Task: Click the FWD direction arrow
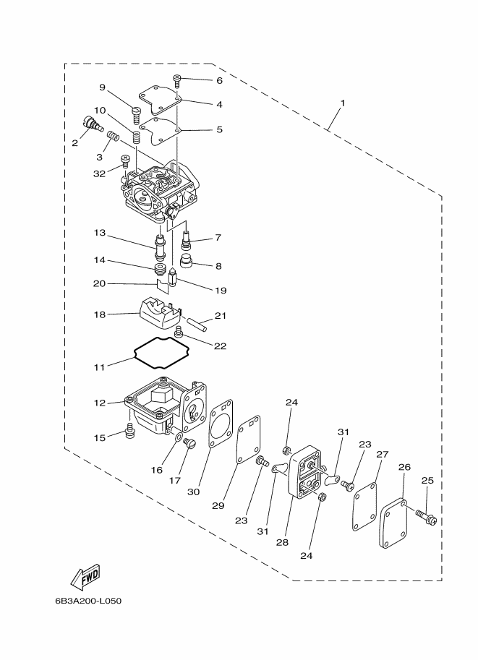[x=85, y=575]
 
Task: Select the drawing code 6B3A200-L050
[x=88, y=601]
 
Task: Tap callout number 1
[x=342, y=103]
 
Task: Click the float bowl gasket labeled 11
[x=163, y=351]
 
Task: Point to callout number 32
[x=99, y=173]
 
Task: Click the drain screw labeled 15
[x=131, y=432]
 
